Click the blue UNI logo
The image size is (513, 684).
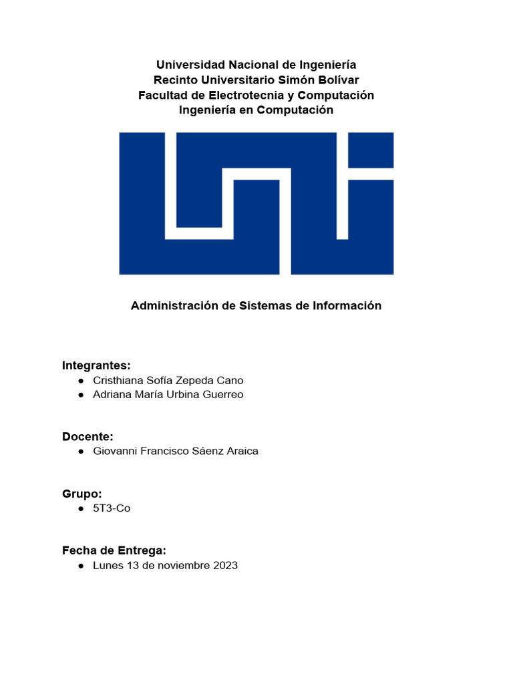256,203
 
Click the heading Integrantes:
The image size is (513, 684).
96,365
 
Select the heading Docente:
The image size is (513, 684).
88,436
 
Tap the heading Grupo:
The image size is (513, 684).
82,494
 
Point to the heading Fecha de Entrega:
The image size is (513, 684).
114,550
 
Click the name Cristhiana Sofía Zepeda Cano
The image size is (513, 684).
168,380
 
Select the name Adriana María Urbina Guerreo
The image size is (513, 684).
168,394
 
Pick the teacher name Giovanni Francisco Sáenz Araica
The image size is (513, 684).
176,451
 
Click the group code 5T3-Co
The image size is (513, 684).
112,508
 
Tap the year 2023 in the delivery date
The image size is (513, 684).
226,565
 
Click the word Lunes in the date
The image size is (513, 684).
108,565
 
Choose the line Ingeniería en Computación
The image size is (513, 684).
256,110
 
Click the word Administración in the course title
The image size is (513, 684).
175,306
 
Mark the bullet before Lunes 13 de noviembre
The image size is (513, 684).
81,566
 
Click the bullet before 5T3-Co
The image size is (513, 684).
81,509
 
